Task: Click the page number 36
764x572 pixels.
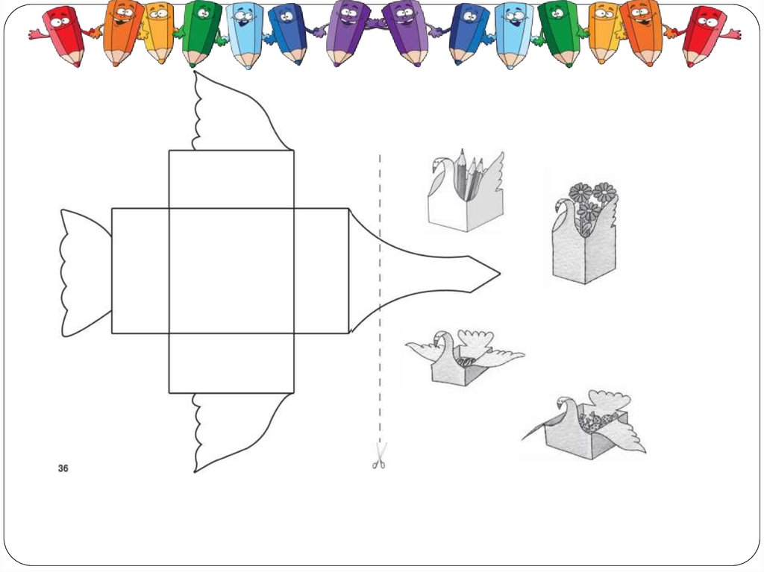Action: (x=63, y=468)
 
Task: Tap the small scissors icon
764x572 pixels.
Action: (x=380, y=456)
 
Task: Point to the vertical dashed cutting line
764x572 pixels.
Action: (x=380, y=298)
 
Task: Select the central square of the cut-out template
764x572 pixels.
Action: (x=231, y=271)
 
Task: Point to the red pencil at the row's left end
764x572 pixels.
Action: (x=64, y=34)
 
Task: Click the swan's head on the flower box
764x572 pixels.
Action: (x=561, y=204)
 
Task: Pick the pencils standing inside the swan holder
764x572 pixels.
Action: (x=468, y=175)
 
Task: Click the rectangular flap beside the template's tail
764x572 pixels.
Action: (x=140, y=271)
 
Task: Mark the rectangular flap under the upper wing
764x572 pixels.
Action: (x=231, y=179)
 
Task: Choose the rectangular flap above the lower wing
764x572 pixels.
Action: (x=231, y=363)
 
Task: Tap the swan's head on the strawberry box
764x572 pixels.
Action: (x=563, y=406)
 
